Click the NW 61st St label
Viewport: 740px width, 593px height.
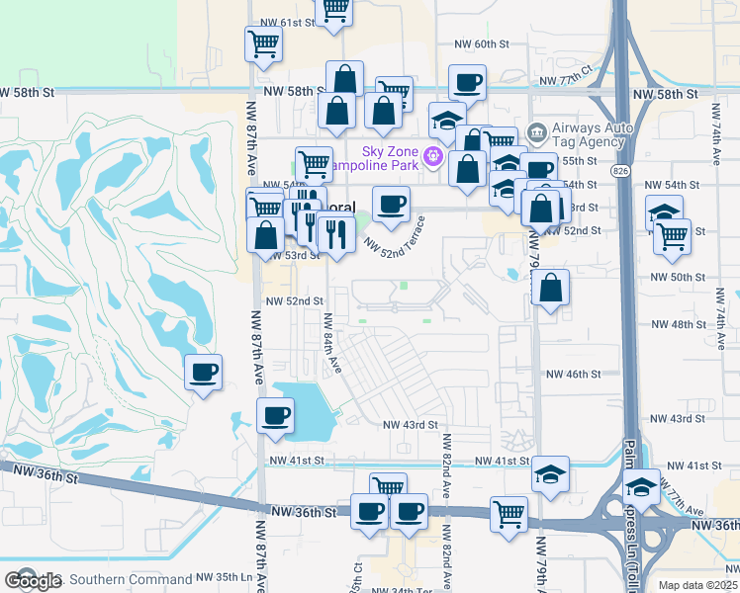coord(284,22)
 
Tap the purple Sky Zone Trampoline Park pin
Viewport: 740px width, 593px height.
coord(432,156)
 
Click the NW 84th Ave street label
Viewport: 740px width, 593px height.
coord(332,342)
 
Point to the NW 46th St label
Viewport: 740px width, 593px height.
coord(574,375)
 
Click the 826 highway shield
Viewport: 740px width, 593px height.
coord(618,171)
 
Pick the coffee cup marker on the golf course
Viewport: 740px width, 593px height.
coord(204,374)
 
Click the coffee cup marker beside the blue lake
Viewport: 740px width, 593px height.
coord(276,415)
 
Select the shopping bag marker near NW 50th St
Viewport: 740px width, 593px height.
coord(552,289)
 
